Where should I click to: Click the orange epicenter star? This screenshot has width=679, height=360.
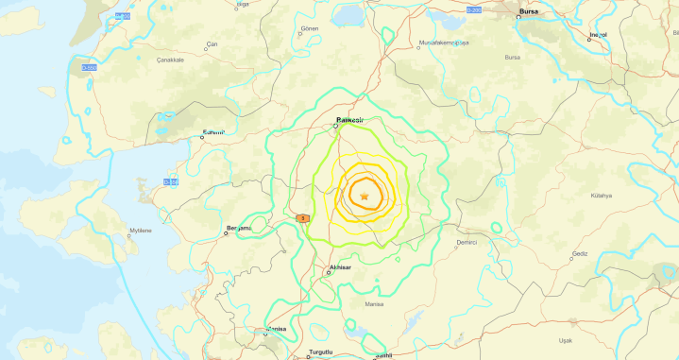(x=365, y=197)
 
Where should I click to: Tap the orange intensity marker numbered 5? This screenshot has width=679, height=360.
(x=302, y=218)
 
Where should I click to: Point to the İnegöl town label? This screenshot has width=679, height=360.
(x=597, y=34)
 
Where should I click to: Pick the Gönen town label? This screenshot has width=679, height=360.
(x=310, y=29)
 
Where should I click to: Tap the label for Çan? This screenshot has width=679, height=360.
(x=212, y=44)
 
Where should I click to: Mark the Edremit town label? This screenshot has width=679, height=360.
(x=213, y=133)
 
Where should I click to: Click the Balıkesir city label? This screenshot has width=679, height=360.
(x=350, y=119)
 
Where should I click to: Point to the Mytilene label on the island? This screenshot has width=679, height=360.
(x=141, y=230)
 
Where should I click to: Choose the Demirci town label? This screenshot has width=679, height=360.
(x=466, y=242)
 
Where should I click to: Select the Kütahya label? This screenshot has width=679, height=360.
(x=601, y=195)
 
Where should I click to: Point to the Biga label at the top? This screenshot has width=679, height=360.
(x=243, y=4)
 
